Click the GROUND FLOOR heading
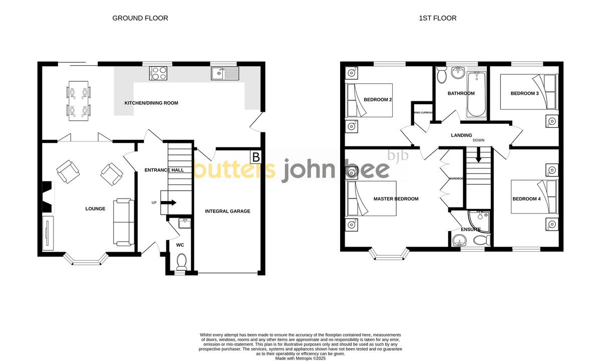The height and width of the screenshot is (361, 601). click(x=140, y=18)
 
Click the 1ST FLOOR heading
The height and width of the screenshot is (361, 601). click(x=437, y=18)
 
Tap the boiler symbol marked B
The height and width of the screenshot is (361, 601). click(x=255, y=157)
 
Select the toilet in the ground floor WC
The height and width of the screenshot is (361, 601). click(x=181, y=261)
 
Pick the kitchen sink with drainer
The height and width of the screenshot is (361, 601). click(x=225, y=74)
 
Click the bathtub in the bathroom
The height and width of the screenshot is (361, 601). click(x=476, y=94)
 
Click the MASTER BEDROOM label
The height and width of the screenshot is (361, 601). click(x=396, y=199)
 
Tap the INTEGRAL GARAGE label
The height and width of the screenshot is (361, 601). click(x=227, y=211)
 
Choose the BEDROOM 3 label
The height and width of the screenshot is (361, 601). click(x=524, y=93)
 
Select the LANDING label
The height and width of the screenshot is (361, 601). click(x=461, y=135)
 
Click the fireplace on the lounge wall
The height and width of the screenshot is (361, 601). click(x=47, y=198)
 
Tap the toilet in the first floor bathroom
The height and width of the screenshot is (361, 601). click(x=442, y=75)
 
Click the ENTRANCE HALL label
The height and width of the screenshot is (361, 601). click(x=164, y=170)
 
